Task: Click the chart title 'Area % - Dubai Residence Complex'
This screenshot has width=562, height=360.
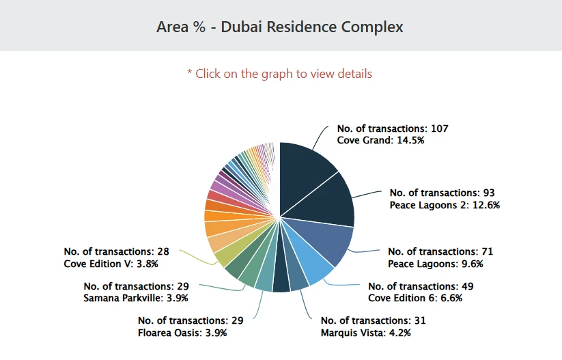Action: pos(280,27)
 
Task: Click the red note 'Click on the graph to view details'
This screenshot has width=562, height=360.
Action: pos(280,73)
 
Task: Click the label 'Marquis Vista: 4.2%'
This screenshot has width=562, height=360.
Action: pos(365,333)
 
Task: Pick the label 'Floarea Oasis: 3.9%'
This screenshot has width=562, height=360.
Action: pos(182,333)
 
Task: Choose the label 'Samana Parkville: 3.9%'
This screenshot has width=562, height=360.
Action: pos(135,298)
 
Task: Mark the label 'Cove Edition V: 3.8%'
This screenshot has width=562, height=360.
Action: pos(111,264)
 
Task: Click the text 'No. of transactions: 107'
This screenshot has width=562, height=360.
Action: pos(392,128)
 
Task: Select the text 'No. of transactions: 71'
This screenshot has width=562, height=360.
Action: pos(440,252)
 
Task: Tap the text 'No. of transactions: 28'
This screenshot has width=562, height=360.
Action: pos(116,252)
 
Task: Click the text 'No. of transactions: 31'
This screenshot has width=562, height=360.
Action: pos(373,321)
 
